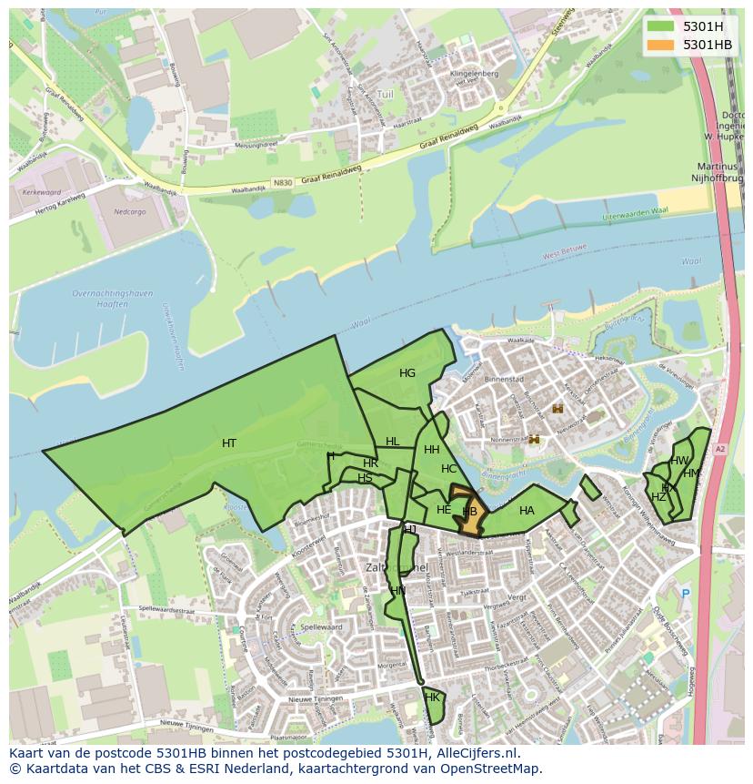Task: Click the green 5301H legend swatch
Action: [660, 26]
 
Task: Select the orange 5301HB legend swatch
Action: [660, 45]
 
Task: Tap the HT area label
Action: [229, 443]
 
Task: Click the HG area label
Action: [407, 373]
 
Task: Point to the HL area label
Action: [392, 442]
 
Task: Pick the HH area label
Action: [432, 450]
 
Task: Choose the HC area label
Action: [448, 469]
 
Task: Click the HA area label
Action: [527, 511]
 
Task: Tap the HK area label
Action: [432, 697]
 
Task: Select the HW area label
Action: [679, 461]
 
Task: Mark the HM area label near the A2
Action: [691, 473]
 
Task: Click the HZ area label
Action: [658, 497]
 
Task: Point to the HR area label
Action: [370, 464]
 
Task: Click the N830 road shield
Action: [282, 182]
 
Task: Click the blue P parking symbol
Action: [686, 593]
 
